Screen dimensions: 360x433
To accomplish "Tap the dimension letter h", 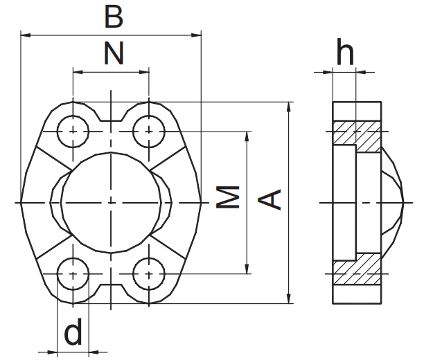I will click(344, 52).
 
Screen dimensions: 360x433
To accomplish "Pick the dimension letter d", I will click(73, 334).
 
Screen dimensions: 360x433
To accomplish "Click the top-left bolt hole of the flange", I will click(73, 130).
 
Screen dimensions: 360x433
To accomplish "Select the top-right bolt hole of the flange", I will click(148, 130).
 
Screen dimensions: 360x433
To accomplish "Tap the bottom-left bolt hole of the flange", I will click(73, 274).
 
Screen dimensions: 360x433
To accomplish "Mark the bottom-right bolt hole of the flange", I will click(148, 274).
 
